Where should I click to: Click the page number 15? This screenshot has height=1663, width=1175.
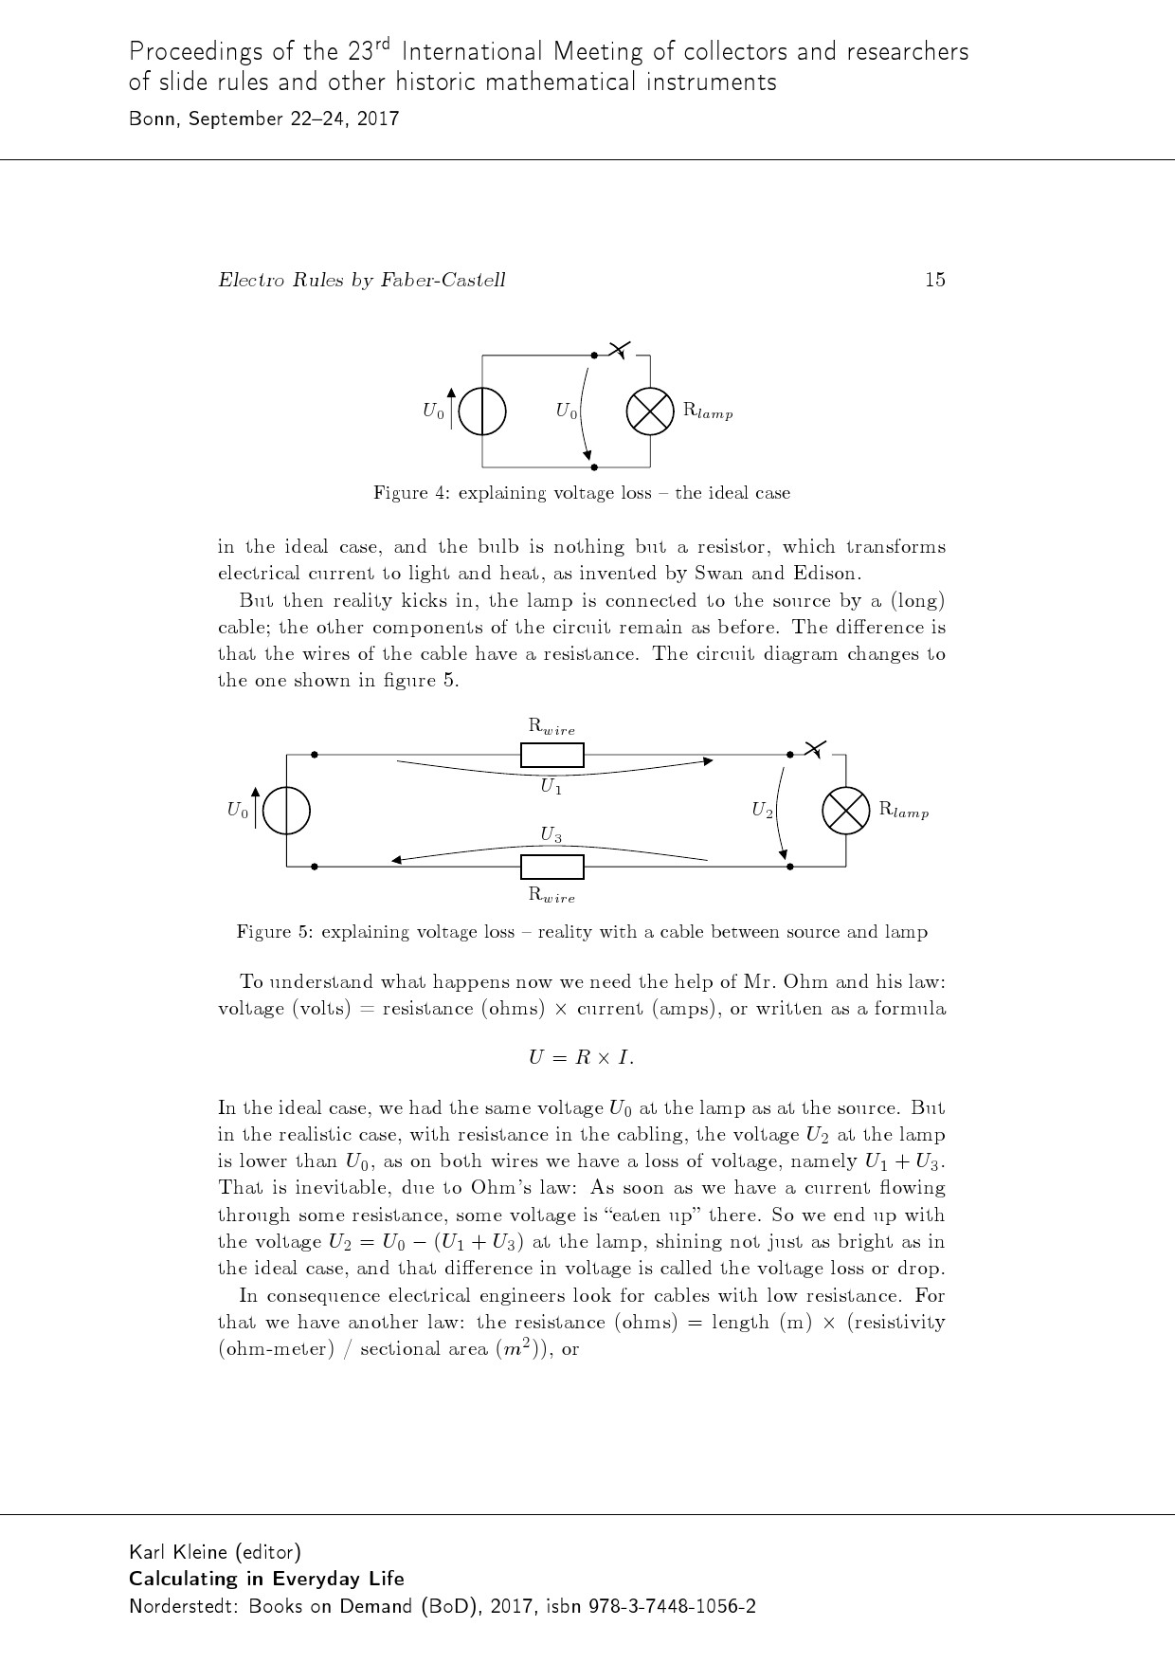point(934,280)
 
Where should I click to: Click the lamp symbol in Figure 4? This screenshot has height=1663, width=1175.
point(650,411)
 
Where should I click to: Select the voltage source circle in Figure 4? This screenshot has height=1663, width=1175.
point(482,411)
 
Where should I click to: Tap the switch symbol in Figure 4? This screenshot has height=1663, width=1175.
point(619,351)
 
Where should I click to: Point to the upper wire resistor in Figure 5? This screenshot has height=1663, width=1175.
point(552,756)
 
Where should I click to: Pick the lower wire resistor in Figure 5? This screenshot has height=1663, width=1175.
point(552,867)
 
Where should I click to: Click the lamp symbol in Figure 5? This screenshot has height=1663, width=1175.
point(845,811)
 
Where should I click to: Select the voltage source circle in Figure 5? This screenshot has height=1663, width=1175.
point(287,811)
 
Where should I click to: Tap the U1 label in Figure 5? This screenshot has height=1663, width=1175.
point(551,787)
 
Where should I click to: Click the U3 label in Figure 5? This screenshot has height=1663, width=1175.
point(551,835)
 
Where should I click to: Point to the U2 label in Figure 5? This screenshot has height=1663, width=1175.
point(763,811)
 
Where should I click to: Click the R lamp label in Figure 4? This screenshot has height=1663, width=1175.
point(708,411)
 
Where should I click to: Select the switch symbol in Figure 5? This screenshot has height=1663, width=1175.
point(815,749)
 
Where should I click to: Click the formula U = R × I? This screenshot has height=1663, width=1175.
point(581,1058)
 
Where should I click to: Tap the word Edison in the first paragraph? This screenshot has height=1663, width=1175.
point(827,574)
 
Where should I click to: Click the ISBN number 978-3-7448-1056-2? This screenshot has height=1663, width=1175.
point(673,1607)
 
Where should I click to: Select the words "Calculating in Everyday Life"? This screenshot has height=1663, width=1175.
point(266,1579)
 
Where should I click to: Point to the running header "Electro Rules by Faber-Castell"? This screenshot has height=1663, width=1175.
point(362,280)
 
